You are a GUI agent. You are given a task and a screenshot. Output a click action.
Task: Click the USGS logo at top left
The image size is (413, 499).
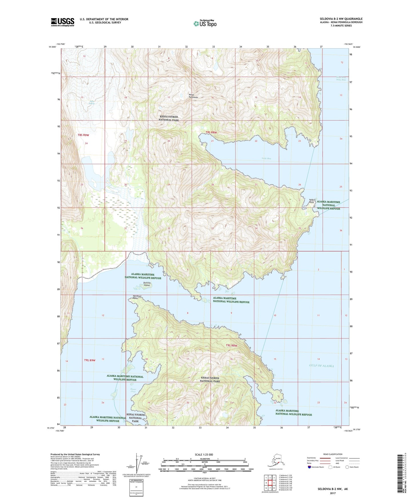click(x=63, y=22)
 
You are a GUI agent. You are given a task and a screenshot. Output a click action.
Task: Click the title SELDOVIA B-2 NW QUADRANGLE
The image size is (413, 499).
click(x=341, y=19)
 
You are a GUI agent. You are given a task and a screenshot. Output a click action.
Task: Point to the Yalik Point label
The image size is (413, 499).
click(x=311, y=201)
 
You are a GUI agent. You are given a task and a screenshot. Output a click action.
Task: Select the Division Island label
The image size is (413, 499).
click(x=147, y=284)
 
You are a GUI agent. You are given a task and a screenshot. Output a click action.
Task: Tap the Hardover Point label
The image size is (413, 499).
click(x=137, y=297)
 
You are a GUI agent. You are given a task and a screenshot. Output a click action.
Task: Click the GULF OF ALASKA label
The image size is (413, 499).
click(x=321, y=366)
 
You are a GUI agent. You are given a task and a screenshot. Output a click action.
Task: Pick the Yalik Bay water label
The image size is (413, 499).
click(x=266, y=158)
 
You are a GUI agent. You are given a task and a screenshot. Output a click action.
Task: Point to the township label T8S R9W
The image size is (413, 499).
click(x=83, y=135)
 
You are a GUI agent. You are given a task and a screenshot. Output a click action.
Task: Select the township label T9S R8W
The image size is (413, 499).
click(x=232, y=346)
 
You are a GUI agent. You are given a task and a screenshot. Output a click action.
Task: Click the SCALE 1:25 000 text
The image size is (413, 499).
click(x=204, y=455)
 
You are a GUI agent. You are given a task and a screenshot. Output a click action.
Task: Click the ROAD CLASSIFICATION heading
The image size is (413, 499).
click(x=333, y=454)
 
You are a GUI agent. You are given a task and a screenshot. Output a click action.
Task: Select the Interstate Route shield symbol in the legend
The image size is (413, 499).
click(x=309, y=467)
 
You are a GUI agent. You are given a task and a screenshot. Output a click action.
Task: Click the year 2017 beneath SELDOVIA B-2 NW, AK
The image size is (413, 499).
click(x=332, y=493)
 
